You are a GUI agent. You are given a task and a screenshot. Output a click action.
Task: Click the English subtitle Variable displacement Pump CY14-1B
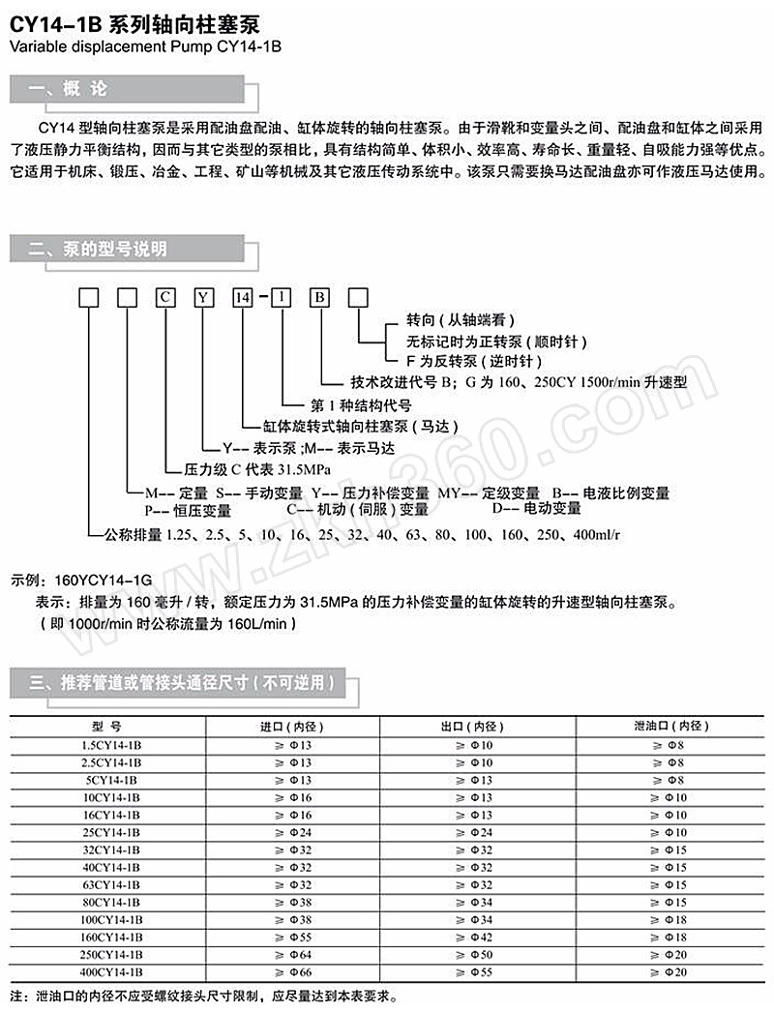[x=145, y=45]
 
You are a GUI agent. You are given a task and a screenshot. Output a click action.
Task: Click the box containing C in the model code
[x=165, y=298]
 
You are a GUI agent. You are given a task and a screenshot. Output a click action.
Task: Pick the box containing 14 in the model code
[x=242, y=298]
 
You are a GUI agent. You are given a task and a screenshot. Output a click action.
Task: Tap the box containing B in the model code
[x=318, y=298]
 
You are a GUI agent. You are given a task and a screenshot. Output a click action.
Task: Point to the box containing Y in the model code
[x=203, y=298]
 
